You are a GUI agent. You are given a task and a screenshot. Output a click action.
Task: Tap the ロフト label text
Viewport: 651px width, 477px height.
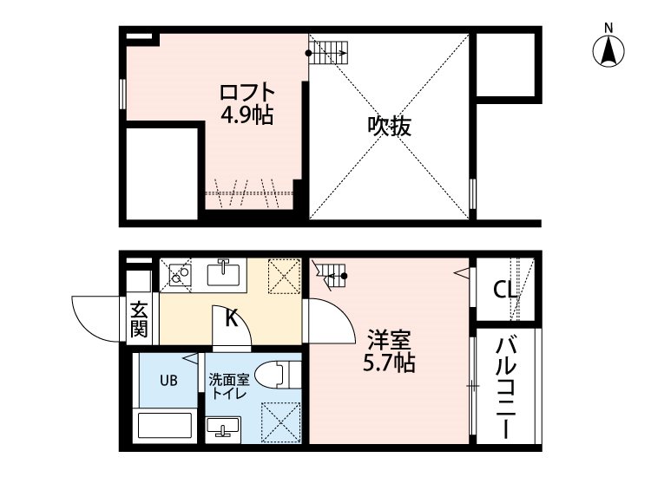(x=247, y=93)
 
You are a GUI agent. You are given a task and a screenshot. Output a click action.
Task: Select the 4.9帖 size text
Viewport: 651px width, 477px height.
(x=247, y=114)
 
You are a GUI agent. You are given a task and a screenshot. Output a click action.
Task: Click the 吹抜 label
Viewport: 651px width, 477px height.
(x=389, y=126)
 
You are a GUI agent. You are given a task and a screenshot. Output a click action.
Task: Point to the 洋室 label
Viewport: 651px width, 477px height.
(x=389, y=341)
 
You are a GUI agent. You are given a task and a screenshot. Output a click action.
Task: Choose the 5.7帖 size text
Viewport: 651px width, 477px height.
(x=389, y=363)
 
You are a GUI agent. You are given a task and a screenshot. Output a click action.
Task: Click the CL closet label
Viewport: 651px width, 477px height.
(x=505, y=290)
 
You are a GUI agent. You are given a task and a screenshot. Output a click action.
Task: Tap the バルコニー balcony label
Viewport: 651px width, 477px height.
(x=506, y=388)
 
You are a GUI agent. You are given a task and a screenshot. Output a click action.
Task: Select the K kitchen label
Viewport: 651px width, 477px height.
(x=231, y=318)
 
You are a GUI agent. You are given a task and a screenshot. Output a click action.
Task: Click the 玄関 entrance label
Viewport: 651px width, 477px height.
(x=139, y=320)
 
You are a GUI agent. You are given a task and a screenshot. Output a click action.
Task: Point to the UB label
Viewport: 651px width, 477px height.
(x=168, y=380)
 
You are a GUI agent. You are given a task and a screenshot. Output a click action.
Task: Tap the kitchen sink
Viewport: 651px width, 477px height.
(x=223, y=273)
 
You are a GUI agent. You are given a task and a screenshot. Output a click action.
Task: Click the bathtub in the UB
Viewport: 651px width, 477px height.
(x=164, y=425)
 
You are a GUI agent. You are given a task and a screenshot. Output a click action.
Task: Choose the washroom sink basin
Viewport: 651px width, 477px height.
(x=222, y=428)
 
